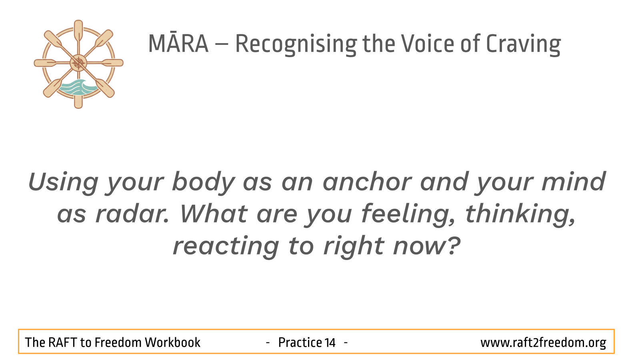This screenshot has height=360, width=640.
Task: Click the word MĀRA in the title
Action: [x=178, y=44]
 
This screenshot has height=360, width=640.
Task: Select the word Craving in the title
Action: [x=524, y=44]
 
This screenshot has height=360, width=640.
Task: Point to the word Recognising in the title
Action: [x=296, y=44]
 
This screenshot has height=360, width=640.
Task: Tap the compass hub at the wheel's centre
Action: [x=78, y=63]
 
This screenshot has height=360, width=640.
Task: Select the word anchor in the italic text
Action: [x=367, y=182]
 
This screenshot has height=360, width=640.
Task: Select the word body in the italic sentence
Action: [x=204, y=182]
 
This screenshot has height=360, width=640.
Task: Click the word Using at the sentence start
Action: [x=63, y=183]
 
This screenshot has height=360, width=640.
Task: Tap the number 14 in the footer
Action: [x=330, y=342]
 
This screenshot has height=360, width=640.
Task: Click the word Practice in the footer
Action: [x=300, y=342]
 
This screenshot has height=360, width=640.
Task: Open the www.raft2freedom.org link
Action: [x=543, y=343]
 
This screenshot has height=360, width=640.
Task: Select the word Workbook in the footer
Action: [x=172, y=342]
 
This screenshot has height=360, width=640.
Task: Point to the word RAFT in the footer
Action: [x=63, y=342]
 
